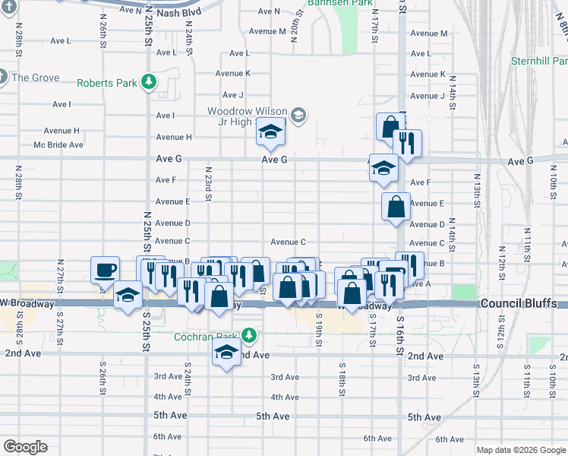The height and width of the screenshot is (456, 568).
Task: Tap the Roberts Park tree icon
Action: click(150, 81)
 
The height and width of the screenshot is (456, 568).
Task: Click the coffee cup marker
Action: click(105, 270)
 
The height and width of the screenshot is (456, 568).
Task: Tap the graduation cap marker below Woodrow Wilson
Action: click(270, 132)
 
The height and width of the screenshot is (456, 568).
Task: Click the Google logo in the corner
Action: click(25, 447)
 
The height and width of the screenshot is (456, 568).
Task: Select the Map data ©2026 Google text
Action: click(521, 450)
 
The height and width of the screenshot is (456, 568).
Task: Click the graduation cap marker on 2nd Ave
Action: click(226, 353)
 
